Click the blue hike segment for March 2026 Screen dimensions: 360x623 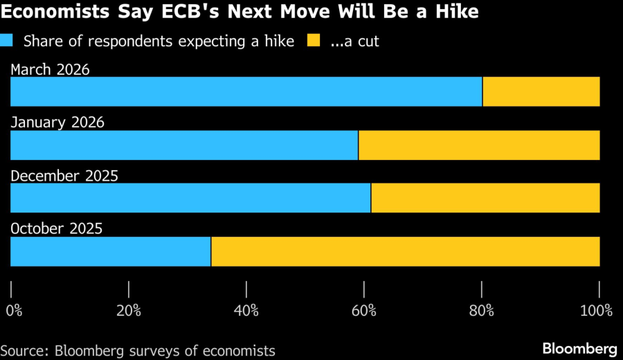[246, 91]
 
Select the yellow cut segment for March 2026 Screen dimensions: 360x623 [541, 91]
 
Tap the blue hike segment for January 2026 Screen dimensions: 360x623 [184, 145]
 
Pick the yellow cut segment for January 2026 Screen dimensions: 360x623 [479, 145]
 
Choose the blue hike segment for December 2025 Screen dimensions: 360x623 [190, 198]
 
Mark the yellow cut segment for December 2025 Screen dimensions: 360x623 [485, 198]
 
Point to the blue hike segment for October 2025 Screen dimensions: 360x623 [111, 251]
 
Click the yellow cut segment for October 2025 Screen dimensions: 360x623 [405, 251]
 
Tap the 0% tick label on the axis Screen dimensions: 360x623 [14, 310]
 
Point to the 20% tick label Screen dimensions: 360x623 [129, 310]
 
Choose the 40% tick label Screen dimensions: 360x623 [246, 310]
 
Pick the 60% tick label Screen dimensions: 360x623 [364, 310]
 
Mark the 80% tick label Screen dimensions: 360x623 [482, 310]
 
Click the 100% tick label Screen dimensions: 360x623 [597, 310]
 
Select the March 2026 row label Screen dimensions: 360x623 [51, 69]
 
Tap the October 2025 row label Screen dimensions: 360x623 [57, 229]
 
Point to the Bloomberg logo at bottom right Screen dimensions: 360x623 [580, 348]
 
